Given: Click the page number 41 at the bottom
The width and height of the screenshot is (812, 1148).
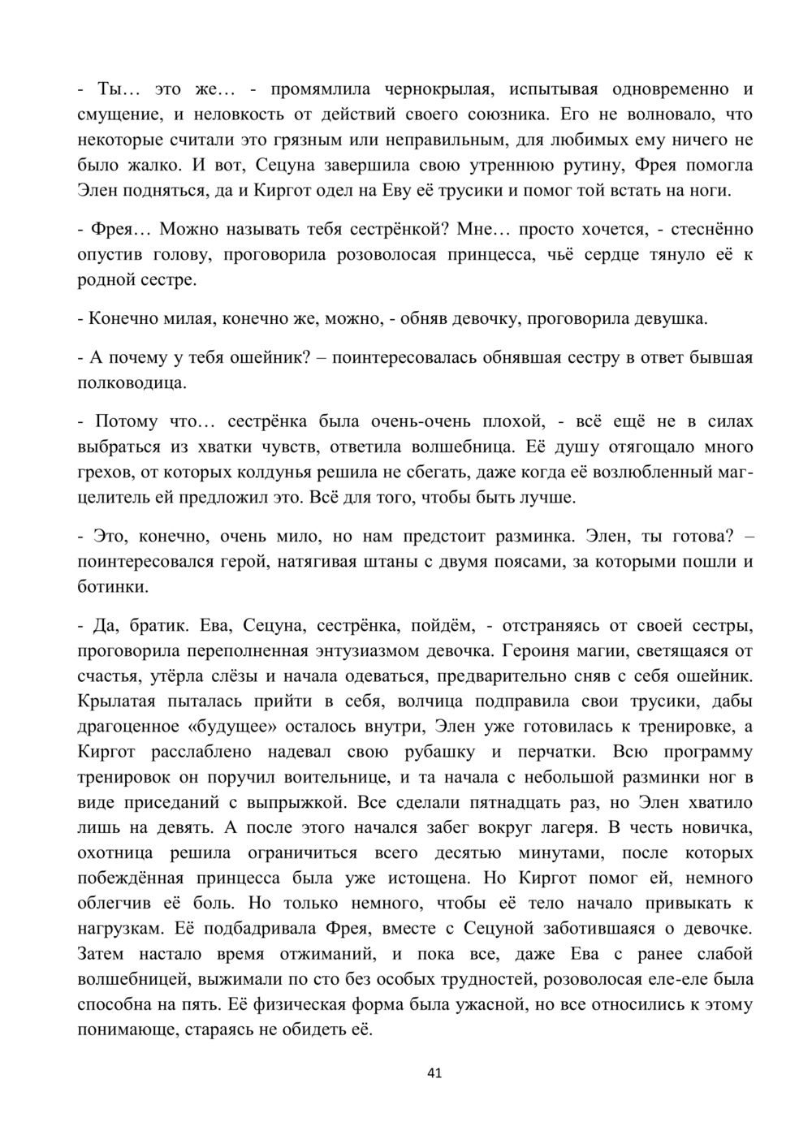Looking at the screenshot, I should (434, 1073).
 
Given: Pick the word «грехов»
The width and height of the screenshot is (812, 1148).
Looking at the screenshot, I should (104, 472).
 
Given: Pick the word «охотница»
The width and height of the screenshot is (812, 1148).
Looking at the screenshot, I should (114, 853).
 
